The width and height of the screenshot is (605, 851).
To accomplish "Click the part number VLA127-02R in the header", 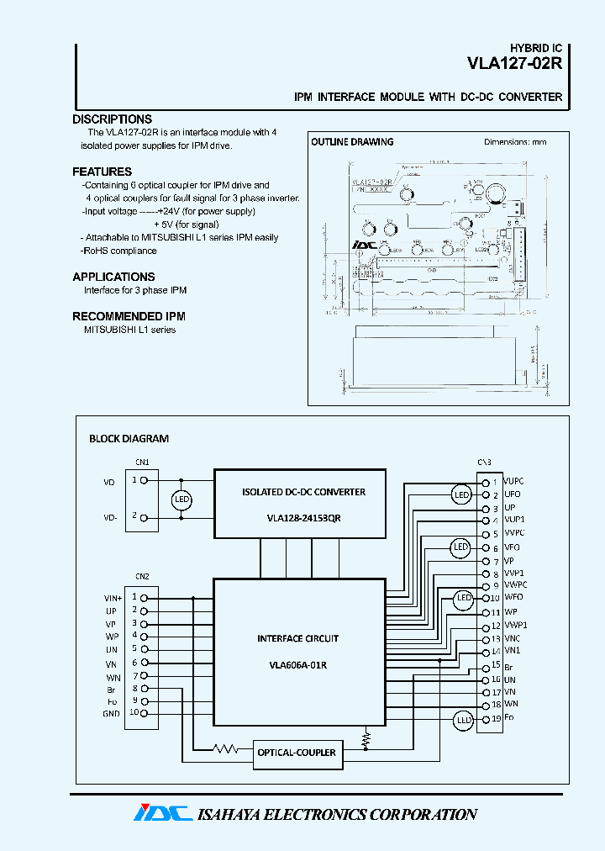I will click(514, 64).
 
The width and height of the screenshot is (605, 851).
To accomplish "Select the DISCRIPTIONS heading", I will click(112, 119).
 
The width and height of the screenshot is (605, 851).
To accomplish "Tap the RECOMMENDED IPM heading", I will click(129, 316).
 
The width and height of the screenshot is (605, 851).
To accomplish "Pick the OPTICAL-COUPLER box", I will click(297, 753).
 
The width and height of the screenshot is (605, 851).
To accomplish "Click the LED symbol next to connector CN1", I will click(181, 500).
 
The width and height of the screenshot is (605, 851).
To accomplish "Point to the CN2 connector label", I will click(142, 577).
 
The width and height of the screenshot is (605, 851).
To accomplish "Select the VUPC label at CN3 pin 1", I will click(513, 482).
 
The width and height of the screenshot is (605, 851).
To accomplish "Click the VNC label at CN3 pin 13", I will click(512, 639).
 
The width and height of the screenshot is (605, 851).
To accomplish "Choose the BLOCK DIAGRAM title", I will click(129, 439).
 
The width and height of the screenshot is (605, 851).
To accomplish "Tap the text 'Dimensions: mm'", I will click(514, 142).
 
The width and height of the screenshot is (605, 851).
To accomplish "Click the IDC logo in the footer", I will click(162, 813).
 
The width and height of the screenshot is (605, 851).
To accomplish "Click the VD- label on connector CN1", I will click(109, 518).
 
